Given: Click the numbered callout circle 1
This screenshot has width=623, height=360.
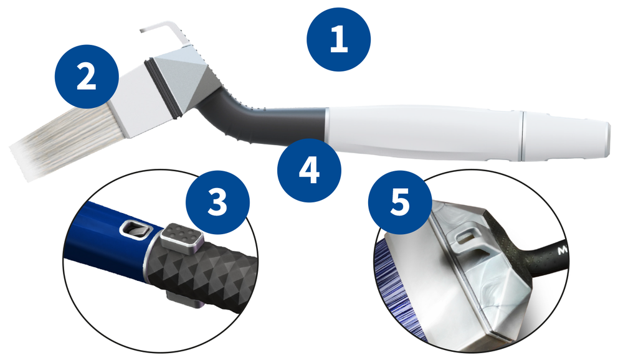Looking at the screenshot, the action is (338, 39).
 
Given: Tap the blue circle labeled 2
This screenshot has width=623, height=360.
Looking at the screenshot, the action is (87, 76).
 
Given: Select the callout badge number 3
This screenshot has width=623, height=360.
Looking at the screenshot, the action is (217, 202).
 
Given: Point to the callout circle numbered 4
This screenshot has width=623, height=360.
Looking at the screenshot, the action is (309, 171).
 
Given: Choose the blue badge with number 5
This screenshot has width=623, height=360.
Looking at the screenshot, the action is (400, 202).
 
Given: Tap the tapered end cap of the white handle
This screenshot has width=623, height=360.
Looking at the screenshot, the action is (566, 136).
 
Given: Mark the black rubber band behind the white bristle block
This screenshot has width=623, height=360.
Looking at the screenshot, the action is (161, 90).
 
